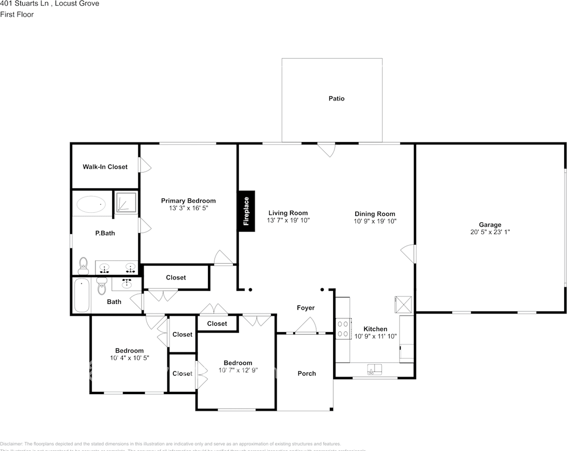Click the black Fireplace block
[246, 211]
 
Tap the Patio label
[336, 99]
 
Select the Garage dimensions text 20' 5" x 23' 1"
[490, 232]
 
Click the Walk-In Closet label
[105, 167]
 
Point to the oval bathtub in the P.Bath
[91, 205]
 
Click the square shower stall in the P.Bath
[126, 202]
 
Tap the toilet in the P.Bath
[84, 265]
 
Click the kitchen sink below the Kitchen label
[375, 370]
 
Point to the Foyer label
[305, 308]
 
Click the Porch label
[307, 373]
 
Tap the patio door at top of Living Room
[326, 149]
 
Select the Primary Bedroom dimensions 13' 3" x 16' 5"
[188, 207]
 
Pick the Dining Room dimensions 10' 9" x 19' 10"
[375, 220]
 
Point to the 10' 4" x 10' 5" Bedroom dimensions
[129, 358]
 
